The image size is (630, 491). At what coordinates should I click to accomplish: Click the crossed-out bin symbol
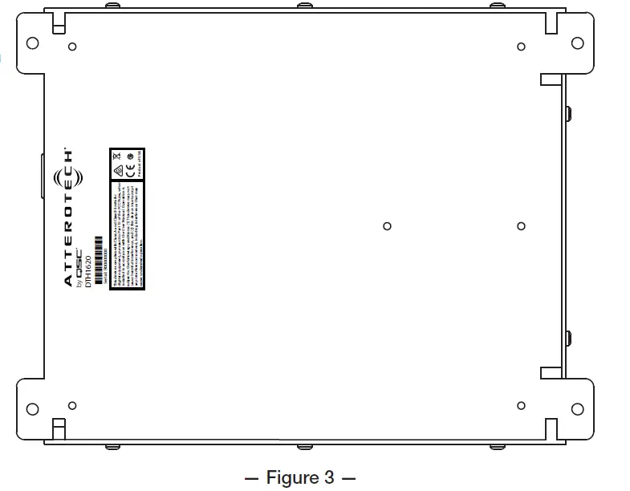[x=116, y=154]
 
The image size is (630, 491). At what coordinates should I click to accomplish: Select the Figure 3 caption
[x=299, y=478]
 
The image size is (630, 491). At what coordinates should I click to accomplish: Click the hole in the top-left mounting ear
[x=32, y=42]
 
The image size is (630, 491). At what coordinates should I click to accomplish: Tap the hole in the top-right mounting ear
[x=577, y=42]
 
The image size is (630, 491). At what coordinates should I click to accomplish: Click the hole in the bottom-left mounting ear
[x=32, y=408]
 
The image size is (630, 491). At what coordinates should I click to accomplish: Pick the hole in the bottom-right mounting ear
[x=577, y=408]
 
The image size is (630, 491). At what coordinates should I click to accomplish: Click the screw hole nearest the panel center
[x=387, y=226]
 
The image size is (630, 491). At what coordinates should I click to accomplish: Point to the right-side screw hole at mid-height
[x=521, y=226]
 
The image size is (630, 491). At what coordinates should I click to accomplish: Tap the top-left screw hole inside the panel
[x=72, y=47]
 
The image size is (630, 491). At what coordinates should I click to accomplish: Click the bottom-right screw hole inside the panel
[x=521, y=405]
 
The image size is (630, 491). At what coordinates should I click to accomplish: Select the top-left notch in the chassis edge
[x=59, y=24]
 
